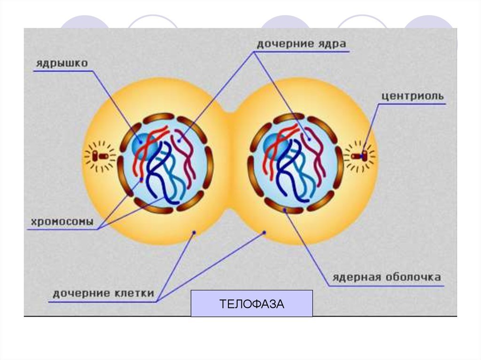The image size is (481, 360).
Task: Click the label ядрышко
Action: [62, 63]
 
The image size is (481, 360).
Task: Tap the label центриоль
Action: [412, 96]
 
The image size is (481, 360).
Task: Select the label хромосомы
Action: [62, 222]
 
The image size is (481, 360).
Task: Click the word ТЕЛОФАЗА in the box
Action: [252, 304]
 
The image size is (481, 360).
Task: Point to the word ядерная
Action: [357, 277]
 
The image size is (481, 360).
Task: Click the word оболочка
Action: [413, 277]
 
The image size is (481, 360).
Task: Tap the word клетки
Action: [134, 293]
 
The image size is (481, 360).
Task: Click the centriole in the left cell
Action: [101, 156]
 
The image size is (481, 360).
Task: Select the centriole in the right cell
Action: [359, 156]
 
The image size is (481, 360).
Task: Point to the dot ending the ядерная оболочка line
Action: [285, 210]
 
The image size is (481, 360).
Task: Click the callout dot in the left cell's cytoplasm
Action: [194, 233]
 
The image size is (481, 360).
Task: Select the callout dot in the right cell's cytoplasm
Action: [264, 233]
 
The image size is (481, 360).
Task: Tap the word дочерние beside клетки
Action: [82, 293]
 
